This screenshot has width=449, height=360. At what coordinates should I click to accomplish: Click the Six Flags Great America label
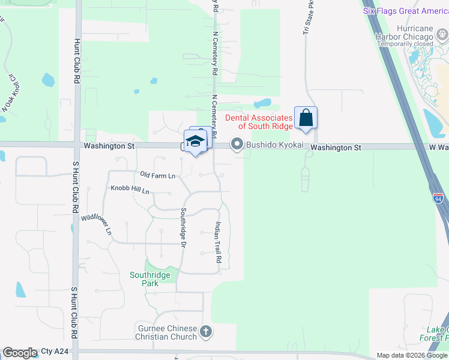(406, 11)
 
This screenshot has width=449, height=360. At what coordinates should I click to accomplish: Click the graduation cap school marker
(195, 142)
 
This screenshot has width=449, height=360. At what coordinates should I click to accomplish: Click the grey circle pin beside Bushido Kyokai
(237, 144)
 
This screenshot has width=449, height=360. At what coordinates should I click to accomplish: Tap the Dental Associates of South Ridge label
(259, 122)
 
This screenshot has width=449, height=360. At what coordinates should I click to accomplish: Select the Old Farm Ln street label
(157, 175)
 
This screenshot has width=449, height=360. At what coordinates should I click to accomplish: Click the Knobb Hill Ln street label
(129, 188)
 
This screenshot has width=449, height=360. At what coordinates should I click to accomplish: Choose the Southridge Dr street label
(184, 226)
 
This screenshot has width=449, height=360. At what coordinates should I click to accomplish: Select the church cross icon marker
(205, 331)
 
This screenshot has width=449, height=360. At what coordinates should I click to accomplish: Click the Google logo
(20, 353)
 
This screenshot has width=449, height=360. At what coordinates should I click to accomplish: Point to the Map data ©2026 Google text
(412, 355)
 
